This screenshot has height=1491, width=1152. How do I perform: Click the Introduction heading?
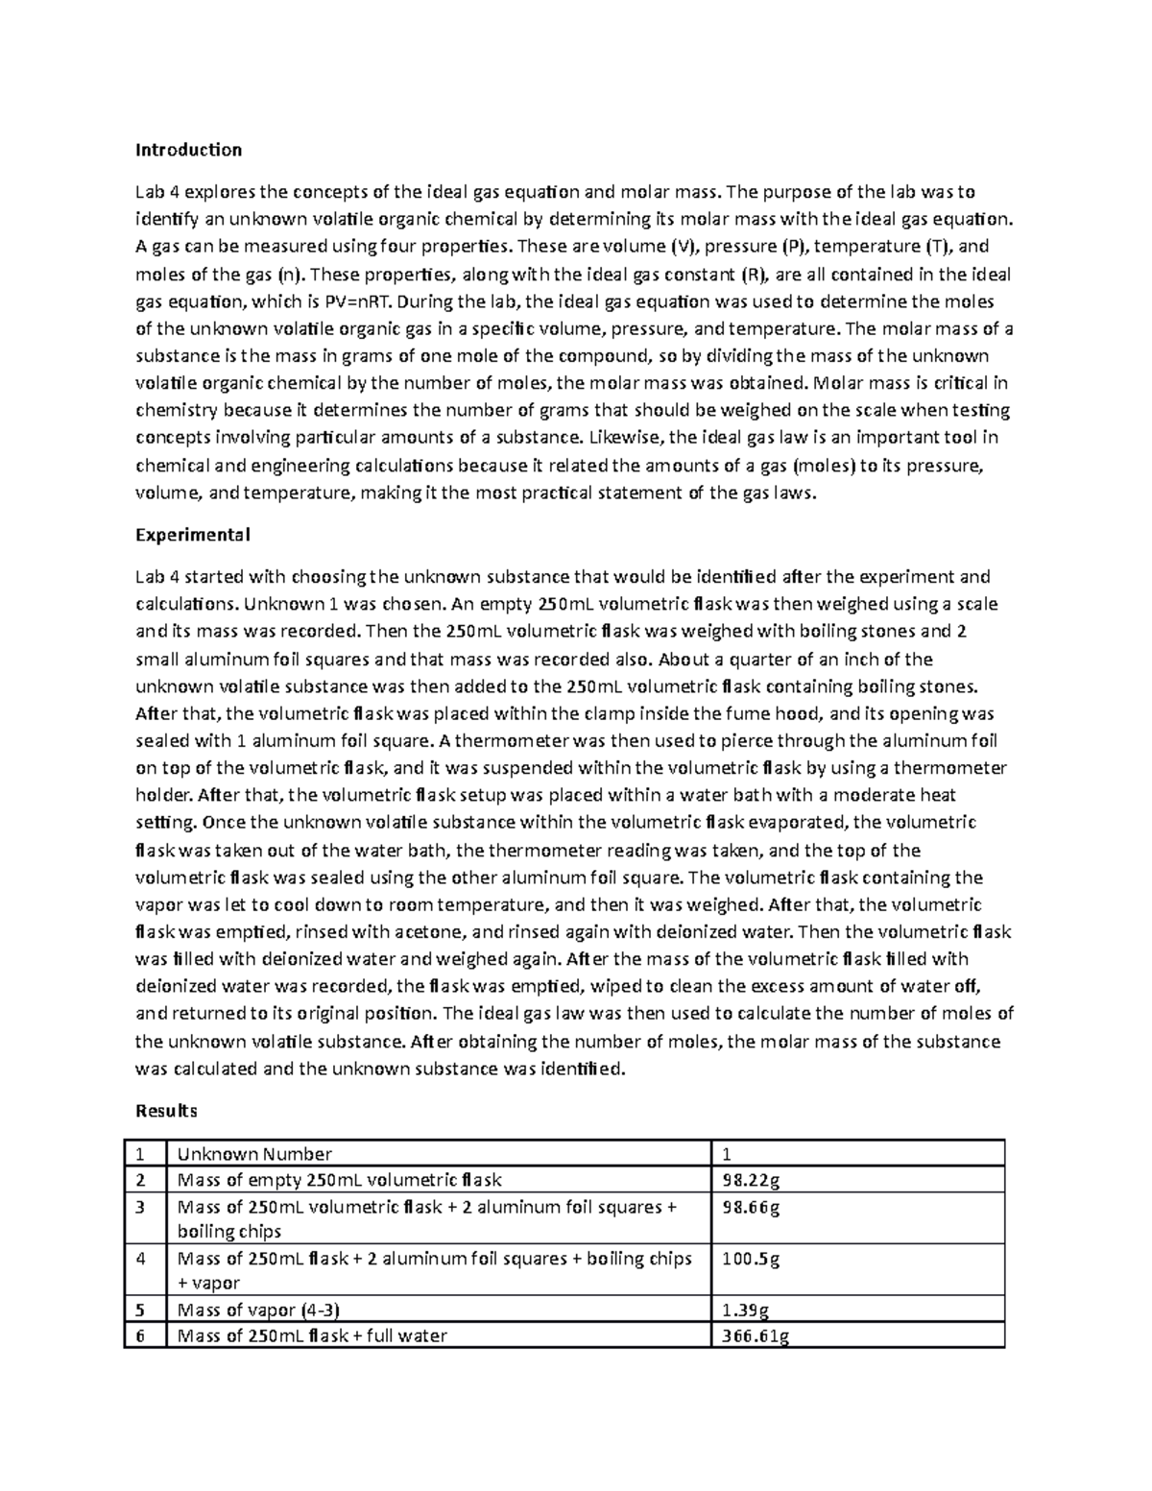(x=188, y=150)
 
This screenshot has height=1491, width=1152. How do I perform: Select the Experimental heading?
(x=192, y=535)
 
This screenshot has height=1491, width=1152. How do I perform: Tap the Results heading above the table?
(x=166, y=1111)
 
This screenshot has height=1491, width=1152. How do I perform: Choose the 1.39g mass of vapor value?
(x=745, y=1310)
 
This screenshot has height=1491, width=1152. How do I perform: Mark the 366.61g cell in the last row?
(x=755, y=1335)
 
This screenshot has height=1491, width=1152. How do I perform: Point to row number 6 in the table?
(x=140, y=1335)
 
